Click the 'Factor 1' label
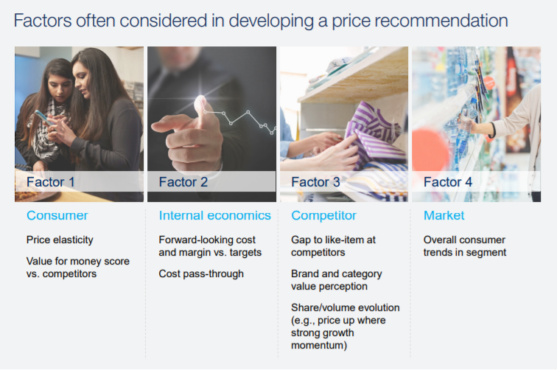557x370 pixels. tap(50, 182)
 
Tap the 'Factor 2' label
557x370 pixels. tap(183, 182)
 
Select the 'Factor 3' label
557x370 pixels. tap(315, 182)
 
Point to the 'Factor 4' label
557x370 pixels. tap(448, 182)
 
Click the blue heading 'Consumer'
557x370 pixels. tap(57, 215)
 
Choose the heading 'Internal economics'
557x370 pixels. tap(214, 215)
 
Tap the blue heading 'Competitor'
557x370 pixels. tap(323, 215)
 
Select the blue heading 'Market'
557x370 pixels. tap(444, 215)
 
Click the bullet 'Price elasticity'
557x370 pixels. tap(60, 240)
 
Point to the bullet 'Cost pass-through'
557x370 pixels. tap(201, 273)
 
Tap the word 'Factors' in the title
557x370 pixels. tap(43, 21)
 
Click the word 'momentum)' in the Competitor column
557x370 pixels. tap(319, 346)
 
